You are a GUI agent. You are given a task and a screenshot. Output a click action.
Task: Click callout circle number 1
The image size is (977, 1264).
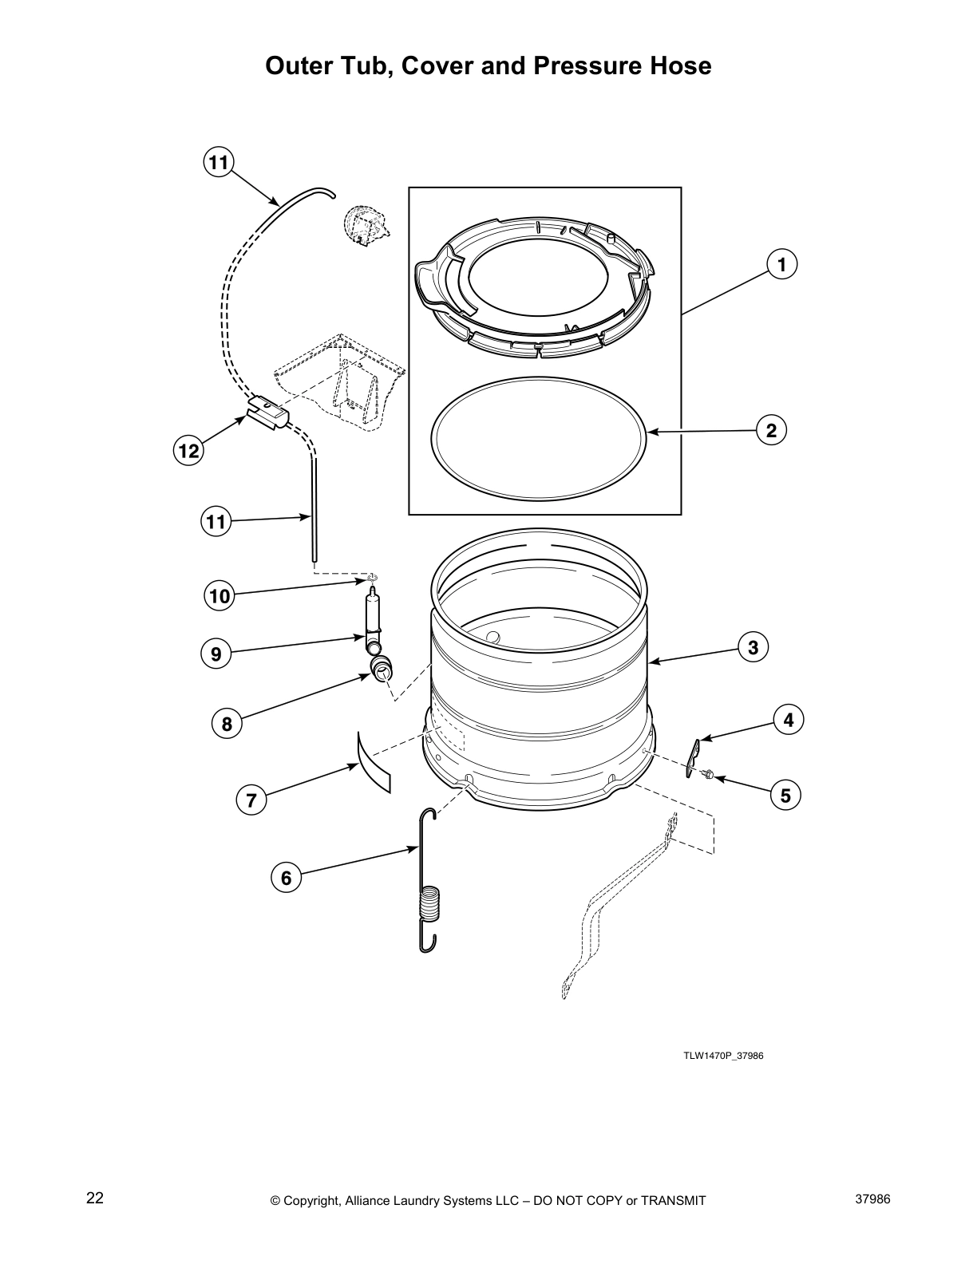pos(782,263)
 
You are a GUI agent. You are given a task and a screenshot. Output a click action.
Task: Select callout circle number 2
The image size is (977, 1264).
pos(771,431)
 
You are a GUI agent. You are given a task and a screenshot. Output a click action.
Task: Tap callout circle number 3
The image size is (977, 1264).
pos(753,647)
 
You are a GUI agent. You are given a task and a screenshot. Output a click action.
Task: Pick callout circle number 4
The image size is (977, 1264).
pos(788,720)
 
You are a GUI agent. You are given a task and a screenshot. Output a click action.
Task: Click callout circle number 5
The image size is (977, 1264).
pos(785,795)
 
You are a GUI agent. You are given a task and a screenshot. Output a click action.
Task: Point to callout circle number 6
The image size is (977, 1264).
pos(286,878)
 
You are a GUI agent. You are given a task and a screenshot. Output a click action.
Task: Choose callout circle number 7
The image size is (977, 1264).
pos(251,800)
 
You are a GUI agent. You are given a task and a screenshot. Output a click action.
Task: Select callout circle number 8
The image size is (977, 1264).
pos(227,724)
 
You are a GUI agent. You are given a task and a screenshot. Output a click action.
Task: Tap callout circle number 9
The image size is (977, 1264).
pos(216,654)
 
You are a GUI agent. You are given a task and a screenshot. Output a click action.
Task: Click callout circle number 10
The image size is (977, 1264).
pos(219,595)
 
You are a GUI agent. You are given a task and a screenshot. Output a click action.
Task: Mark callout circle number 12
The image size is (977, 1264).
pos(188,451)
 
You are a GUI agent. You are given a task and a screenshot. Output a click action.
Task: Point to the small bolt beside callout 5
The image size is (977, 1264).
pos(708,773)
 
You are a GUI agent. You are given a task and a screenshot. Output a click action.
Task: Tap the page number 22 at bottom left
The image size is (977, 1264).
pos(95,1198)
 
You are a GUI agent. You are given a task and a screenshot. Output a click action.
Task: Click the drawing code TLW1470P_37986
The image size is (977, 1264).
pos(723,1055)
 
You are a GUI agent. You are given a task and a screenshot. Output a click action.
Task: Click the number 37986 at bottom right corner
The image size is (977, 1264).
pos(872,1199)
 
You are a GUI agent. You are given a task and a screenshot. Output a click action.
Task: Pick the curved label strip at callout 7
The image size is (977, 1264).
pos(374,762)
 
